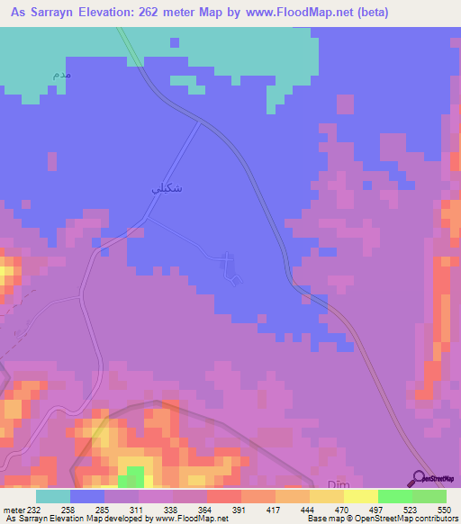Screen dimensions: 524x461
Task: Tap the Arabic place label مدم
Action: [x=62, y=73]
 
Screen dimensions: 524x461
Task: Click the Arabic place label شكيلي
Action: [x=151, y=190]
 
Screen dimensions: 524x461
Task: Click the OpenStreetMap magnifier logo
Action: [x=420, y=477]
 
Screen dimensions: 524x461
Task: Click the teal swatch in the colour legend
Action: [x=53, y=496]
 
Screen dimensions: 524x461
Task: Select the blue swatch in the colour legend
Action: [x=87, y=496]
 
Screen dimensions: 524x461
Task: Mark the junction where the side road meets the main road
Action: [x=200, y=123]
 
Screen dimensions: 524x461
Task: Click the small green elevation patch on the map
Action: [x=134, y=475]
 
